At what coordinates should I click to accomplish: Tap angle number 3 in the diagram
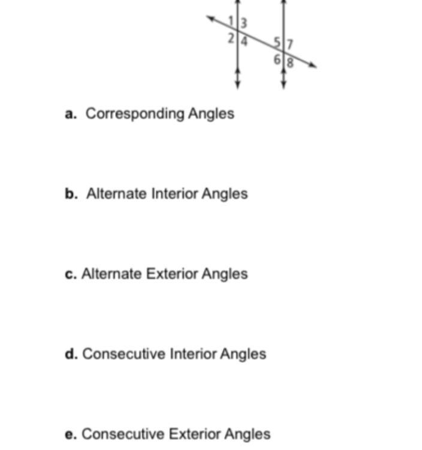(243, 23)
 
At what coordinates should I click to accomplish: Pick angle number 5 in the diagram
(277, 43)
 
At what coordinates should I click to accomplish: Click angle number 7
(290, 44)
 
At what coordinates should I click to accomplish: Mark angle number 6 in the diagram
(278, 59)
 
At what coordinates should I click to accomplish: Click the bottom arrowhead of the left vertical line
(238, 85)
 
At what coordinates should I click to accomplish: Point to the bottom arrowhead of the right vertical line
(284, 85)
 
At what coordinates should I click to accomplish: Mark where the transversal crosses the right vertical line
(284, 52)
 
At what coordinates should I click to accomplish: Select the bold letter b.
(71, 194)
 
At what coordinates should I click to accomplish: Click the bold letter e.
(71, 434)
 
